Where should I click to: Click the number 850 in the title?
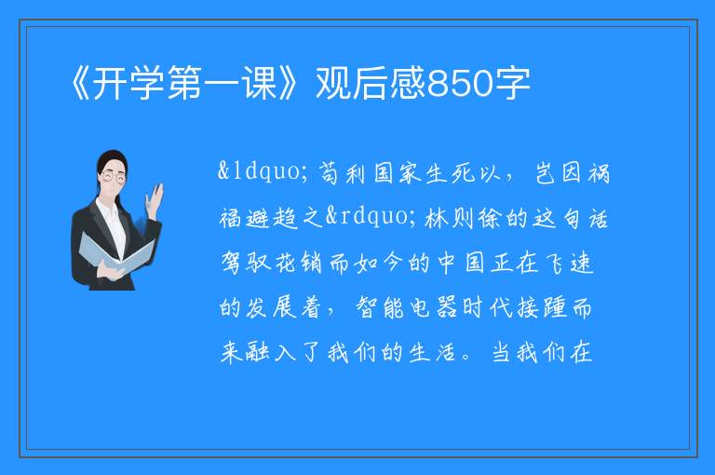pyautogui.click(x=461, y=83)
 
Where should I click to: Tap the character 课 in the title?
pyautogui.click(x=260, y=83)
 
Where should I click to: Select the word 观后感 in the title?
pyautogui.click(x=371, y=83)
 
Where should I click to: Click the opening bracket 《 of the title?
pyautogui.click(x=82, y=83)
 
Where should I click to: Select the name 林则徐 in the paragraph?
pyautogui.click(x=465, y=218)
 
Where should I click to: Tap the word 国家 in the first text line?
pyautogui.click(x=398, y=173)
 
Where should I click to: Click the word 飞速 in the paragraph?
pyautogui.click(x=571, y=263)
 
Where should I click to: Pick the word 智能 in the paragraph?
pyautogui.click(x=380, y=307)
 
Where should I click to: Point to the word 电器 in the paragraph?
pyautogui.click(x=433, y=307)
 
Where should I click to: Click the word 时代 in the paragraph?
pyautogui.click(x=487, y=307)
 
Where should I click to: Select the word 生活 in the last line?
pyautogui.click(x=432, y=352)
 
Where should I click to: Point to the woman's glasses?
pyautogui.click(x=114, y=176)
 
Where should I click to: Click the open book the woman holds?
pyautogui.click(x=115, y=252)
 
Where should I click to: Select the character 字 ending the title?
pyautogui.click(x=514, y=83)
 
